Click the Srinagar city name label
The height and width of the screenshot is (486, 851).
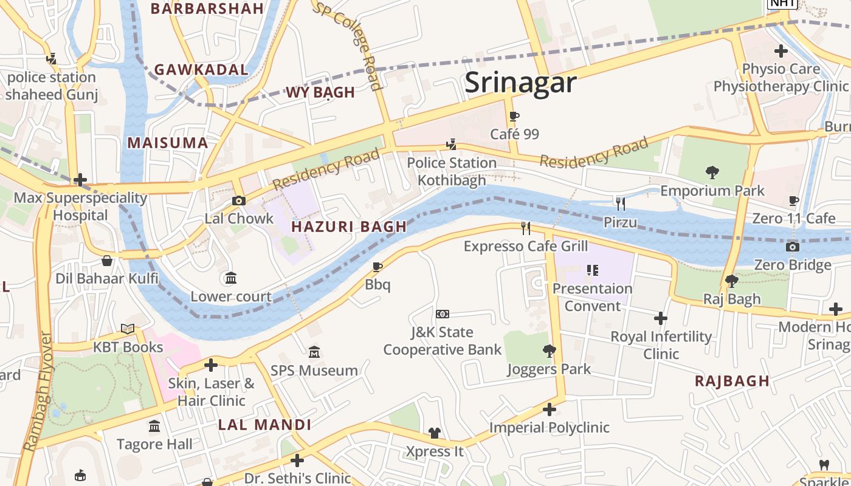point(520,83)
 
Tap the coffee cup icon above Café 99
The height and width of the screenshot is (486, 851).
point(514,116)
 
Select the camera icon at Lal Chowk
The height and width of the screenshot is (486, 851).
point(239,200)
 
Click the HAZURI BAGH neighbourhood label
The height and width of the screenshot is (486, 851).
point(349,227)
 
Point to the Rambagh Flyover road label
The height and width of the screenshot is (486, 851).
point(38,392)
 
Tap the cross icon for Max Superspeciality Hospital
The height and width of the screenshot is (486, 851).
point(80,180)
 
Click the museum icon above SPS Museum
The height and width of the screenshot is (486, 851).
point(314,352)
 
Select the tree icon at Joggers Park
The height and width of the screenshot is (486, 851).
point(549,351)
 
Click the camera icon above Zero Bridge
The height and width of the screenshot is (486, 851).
point(792,247)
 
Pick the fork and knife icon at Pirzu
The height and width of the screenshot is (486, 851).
point(620,204)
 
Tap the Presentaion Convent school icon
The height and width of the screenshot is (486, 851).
point(593,270)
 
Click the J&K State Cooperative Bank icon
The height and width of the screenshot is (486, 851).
point(443,314)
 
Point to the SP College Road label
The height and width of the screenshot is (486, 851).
point(348,44)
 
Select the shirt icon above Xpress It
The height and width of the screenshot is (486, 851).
point(434,433)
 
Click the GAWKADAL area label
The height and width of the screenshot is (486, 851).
point(201,70)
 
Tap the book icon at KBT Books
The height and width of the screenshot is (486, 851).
point(128,329)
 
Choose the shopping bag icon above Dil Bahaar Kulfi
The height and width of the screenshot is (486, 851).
point(107,261)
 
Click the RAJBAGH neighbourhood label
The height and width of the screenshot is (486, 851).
point(732,382)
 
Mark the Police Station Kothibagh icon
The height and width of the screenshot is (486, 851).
point(451,145)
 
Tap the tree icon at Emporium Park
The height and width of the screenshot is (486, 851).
point(712,173)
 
